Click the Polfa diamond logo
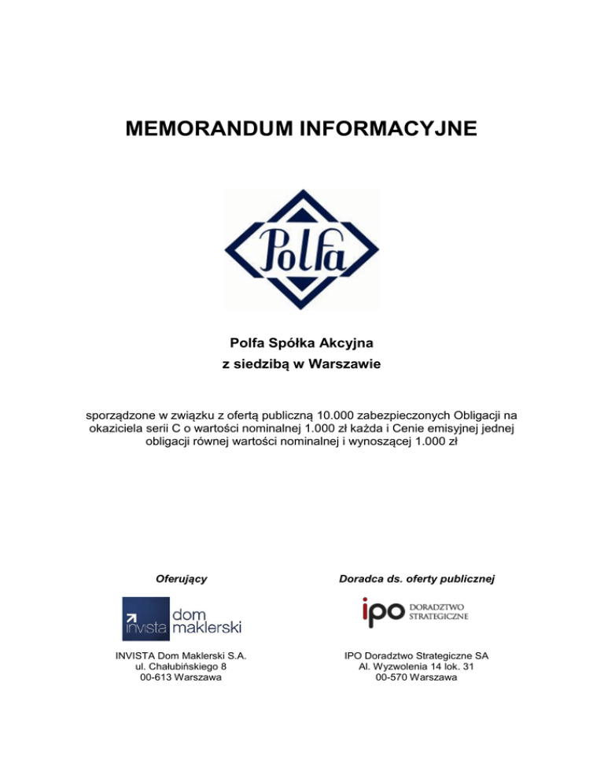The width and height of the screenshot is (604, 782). [x=301, y=249]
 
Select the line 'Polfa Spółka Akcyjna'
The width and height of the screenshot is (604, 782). [x=301, y=343]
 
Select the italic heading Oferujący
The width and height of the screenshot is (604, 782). [x=182, y=579]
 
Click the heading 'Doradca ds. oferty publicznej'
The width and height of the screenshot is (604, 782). [x=422, y=579]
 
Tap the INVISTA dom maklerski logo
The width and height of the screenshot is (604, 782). [x=182, y=618]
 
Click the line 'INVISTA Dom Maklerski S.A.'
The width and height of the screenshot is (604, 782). [x=182, y=655]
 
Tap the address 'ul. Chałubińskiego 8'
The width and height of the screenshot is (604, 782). [x=182, y=666]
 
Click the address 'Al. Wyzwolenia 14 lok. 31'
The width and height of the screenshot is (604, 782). [x=422, y=666]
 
